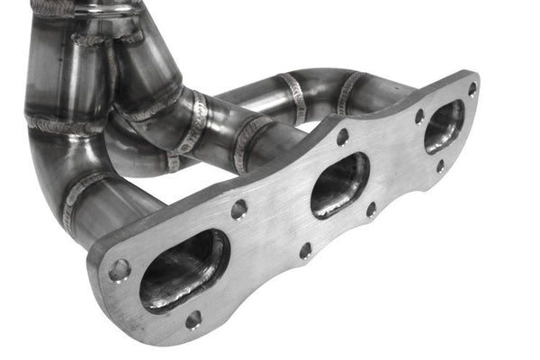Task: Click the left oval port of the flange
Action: coord(184,271)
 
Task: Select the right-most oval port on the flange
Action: coord(444,126)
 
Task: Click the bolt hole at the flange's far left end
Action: coord(119,269)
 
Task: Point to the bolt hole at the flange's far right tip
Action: coord(472,89)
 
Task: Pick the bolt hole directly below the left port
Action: coord(193,319)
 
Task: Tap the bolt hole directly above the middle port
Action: coord(342,137)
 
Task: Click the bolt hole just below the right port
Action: coord(440,166)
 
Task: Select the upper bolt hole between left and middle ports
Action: coord(238,209)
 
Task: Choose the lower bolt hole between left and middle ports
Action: coord(305,249)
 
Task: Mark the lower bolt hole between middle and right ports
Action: coord(371,209)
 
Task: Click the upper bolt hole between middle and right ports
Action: coord(419,116)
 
